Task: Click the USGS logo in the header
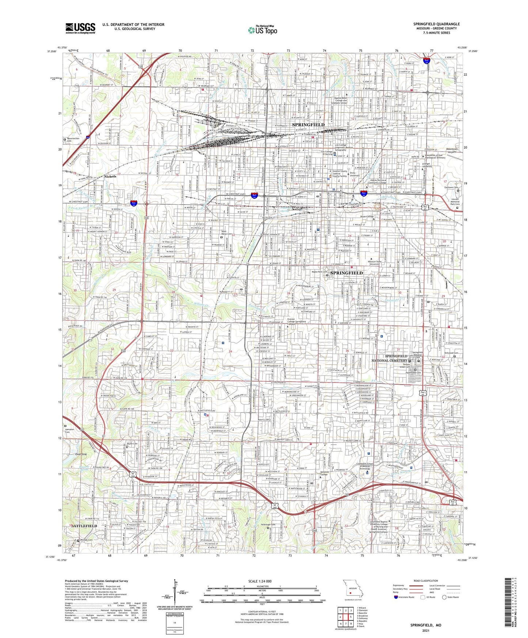(x=80, y=28)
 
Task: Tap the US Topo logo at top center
(x=262, y=30)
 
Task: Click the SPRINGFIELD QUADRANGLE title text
(x=436, y=24)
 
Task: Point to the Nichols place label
(x=110, y=176)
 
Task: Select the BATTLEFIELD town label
(x=84, y=526)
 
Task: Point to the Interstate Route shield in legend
(x=396, y=597)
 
